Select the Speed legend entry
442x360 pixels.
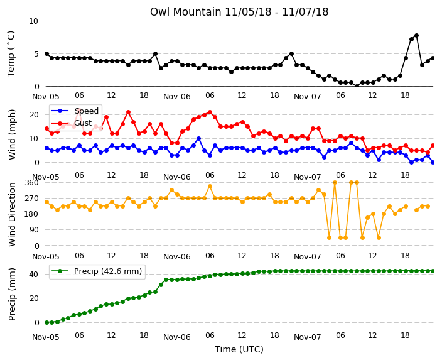75,111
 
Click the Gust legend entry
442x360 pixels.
72,123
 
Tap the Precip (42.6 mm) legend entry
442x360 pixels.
97,271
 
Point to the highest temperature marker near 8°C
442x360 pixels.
416,36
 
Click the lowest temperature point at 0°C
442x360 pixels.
357,86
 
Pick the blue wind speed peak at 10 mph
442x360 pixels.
199,138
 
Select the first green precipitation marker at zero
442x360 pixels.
47,322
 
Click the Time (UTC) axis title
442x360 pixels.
239,349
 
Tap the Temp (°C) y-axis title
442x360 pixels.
11,54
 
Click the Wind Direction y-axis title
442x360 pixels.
12,214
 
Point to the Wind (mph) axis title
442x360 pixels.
12,135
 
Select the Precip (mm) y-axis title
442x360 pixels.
12,294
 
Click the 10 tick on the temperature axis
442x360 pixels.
33,21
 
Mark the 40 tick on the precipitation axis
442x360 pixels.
34,274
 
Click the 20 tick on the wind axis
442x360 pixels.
34,115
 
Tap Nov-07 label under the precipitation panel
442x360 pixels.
307,337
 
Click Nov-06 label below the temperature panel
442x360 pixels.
177,97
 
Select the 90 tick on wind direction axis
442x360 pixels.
34,230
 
